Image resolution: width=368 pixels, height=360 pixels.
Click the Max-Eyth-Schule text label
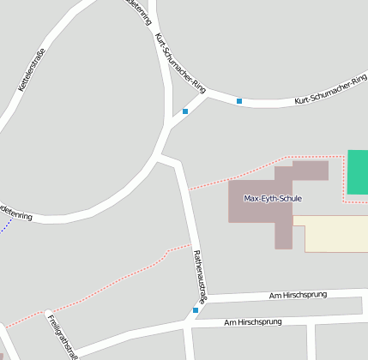pyautogui.click(x=273, y=199)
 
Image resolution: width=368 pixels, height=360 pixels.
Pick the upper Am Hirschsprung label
pyautogui.click(x=298, y=295)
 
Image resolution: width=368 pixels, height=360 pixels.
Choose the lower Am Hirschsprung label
pyautogui.click(x=252, y=322)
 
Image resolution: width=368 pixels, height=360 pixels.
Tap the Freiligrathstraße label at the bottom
pyautogui.click(x=62, y=337)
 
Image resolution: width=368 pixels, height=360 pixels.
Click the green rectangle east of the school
pyautogui.click(x=357, y=172)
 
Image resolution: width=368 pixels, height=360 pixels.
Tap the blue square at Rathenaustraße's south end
pyautogui.click(x=196, y=310)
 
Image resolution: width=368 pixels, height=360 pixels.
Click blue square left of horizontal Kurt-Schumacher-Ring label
pyautogui.click(x=239, y=102)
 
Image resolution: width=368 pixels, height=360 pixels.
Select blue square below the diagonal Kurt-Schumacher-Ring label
pyautogui.click(x=185, y=111)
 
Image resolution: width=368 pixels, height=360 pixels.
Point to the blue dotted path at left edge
pyautogui.click(x=6, y=225)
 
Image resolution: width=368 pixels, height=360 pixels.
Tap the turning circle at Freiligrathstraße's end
pyautogui.click(x=49, y=314)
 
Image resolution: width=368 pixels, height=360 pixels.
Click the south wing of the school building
pyautogui.click(x=283, y=233)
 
